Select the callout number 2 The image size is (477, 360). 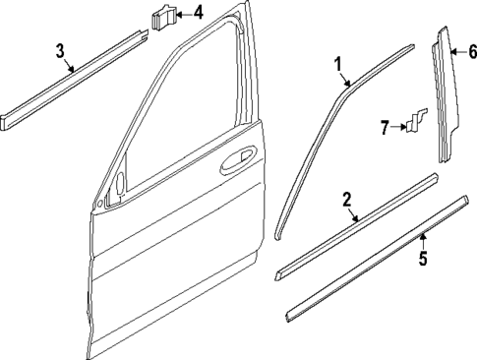click(346, 201)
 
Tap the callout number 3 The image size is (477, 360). click(60, 50)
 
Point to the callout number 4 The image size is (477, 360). click(199, 14)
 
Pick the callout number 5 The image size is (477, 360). click(423, 262)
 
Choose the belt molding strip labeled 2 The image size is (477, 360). click(354, 224)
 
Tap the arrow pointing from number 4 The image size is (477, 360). click(184, 15)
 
